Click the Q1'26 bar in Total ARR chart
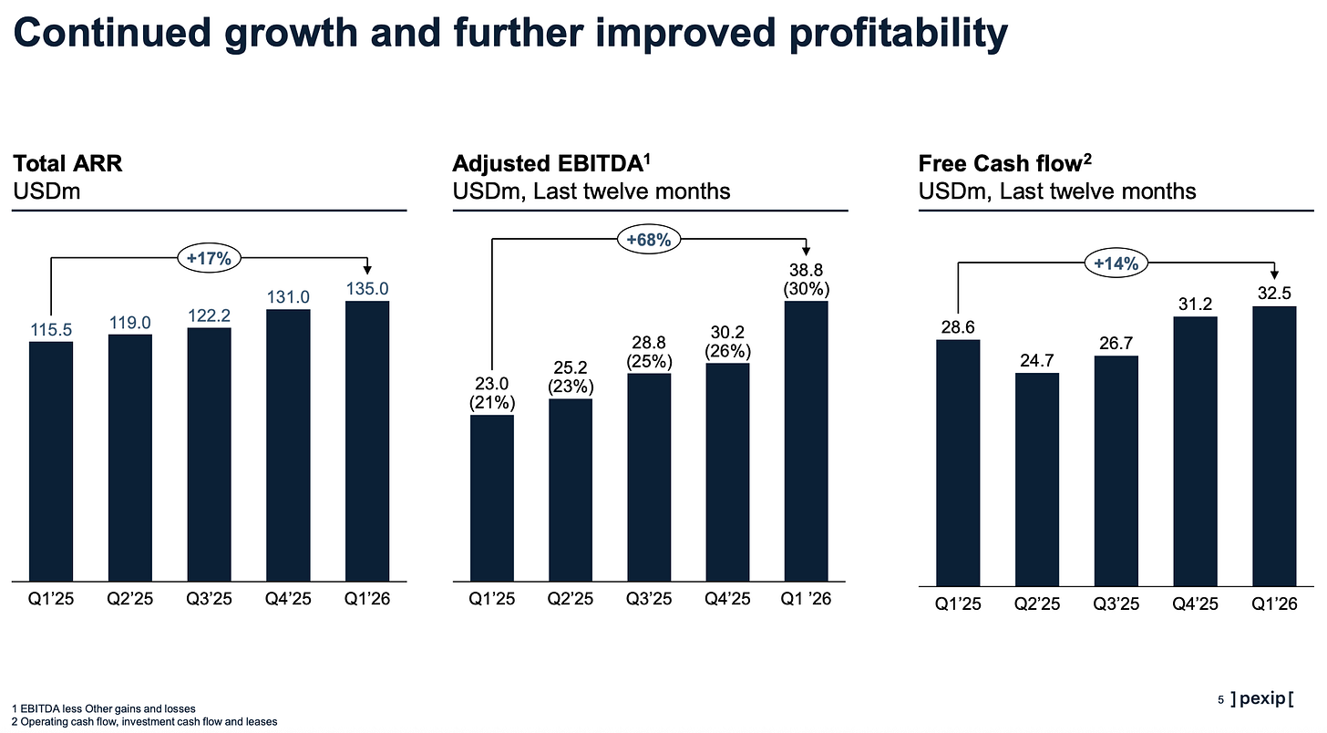coord(367,441)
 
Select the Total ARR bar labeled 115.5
coord(51,461)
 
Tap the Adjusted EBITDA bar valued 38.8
coord(807,441)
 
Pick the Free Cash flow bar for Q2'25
coord(1037,480)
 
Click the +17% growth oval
coord(209,258)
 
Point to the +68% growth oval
coord(649,240)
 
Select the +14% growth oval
coord(1116,263)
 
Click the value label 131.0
coord(288,297)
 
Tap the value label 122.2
coord(209,315)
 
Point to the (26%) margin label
coord(727,351)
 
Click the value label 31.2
coord(1195,304)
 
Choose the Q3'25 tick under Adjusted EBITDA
coord(649,598)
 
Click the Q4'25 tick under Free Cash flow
coord(1195,604)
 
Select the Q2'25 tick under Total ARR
coord(129,598)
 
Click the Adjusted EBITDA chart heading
coord(551,163)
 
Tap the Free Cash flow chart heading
coord(1004,163)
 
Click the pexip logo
coord(1261,699)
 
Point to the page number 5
coord(1220,700)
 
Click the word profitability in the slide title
coord(898,34)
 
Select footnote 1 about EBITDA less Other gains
coord(104,708)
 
